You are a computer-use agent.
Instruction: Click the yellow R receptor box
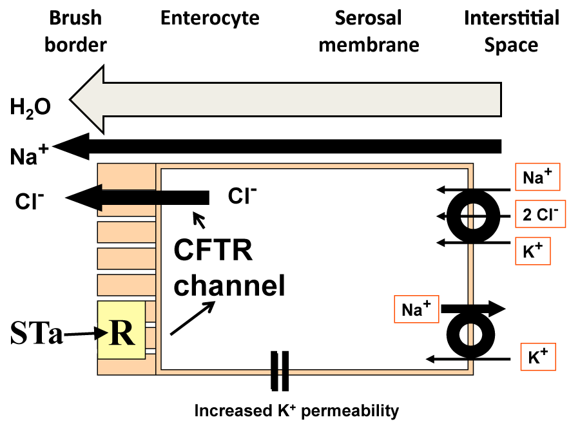click(x=121, y=331)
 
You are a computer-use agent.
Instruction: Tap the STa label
click(x=37, y=333)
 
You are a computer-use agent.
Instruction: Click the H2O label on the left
click(x=30, y=107)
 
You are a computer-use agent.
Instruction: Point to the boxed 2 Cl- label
click(x=541, y=214)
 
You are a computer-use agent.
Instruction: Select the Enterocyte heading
click(x=209, y=17)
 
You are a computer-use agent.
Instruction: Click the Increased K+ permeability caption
click(x=297, y=410)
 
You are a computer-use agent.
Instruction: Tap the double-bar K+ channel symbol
click(x=280, y=371)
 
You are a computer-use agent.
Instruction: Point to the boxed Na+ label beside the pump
click(x=416, y=310)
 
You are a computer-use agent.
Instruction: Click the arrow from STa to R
click(x=80, y=333)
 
